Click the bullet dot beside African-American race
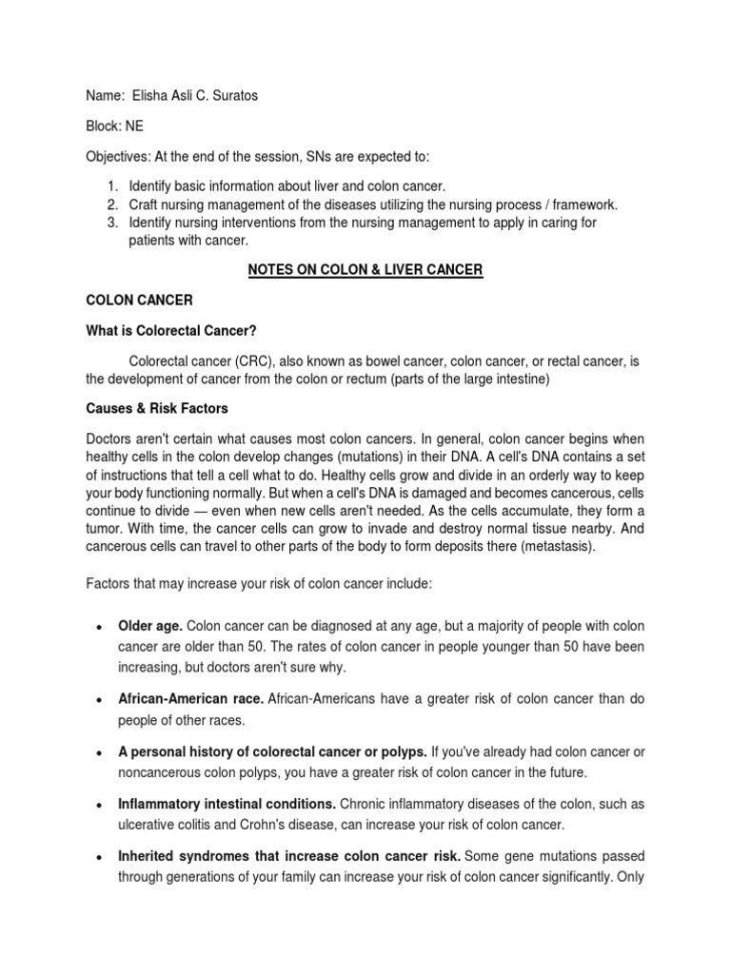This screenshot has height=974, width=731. [99, 699]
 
